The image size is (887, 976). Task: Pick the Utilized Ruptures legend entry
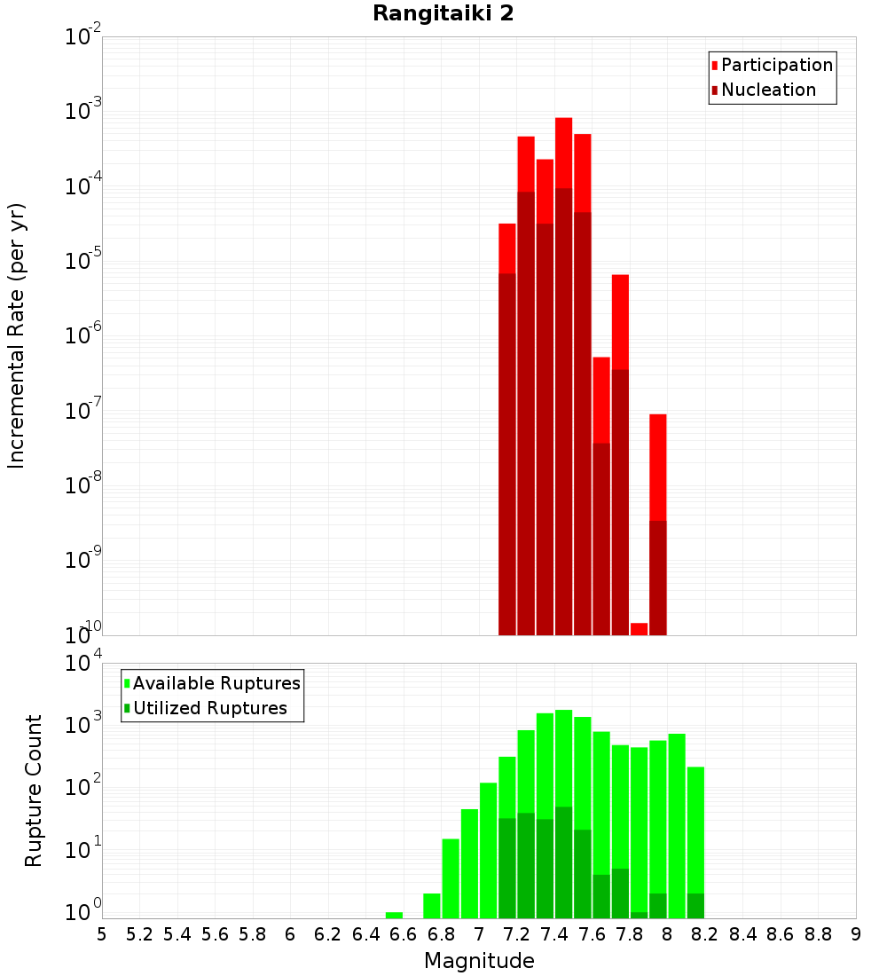[x=208, y=708]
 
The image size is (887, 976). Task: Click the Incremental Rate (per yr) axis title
[x=17, y=335]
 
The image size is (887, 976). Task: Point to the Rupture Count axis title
[x=34, y=791]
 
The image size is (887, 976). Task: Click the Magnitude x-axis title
[x=479, y=961]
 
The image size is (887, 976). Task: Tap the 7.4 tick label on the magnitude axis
[x=554, y=933]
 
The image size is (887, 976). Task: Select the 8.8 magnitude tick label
[x=818, y=933]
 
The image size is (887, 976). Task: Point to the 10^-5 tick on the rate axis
[x=84, y=261]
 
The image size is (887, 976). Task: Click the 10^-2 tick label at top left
[x=84, y=37]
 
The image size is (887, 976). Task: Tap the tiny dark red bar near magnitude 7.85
[x=639, y=629]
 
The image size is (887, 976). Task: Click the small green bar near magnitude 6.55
[x=394, y=915]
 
